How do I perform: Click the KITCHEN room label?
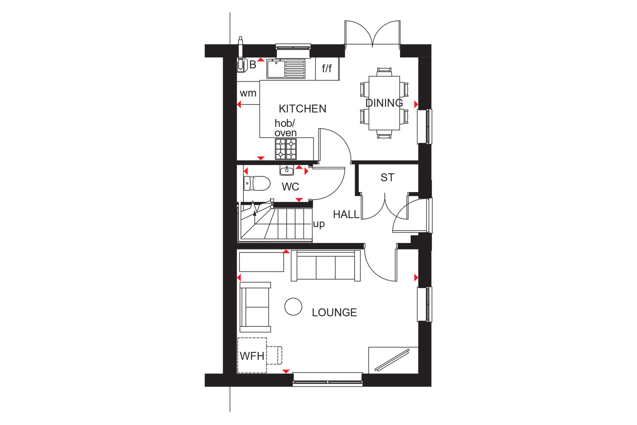click(302, 109)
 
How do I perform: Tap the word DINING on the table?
click(384, 103)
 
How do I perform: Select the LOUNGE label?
click(334, 313)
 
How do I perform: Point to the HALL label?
click(346, 215)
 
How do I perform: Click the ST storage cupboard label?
click(387, 178)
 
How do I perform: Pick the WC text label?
click(290, 187)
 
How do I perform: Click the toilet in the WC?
click(257, 184)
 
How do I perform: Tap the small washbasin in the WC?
click(287, 170)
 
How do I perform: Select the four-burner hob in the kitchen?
click(286, 149)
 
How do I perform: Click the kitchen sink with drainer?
click(286, 69)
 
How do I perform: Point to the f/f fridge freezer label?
click(327, 68)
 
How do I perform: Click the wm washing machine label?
click(248, 93)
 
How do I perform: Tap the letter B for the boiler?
click(253, 65)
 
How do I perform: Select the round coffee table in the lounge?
click(293, 306)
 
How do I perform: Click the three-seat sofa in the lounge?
click(326, 266)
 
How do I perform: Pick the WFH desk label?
click(252, 356)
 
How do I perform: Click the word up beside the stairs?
click(319, 224)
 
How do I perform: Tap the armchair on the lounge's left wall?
click(255, 307)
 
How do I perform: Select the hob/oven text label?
click(285, 128)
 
